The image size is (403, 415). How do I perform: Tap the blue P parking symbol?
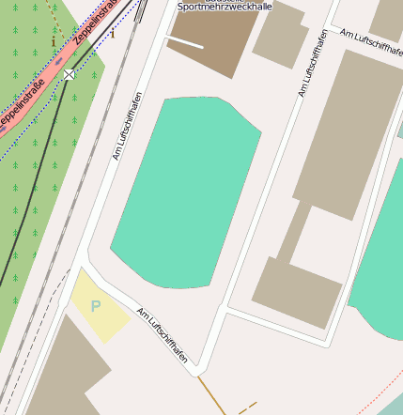pos(96,306)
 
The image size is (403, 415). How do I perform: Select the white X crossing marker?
pos(70,74)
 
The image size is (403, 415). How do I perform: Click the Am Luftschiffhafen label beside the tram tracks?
pos(128,126)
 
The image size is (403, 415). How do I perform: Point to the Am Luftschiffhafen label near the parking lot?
pos(168,336)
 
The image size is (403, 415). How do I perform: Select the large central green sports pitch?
pos(186,192)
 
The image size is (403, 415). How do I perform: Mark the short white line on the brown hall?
pos(184,41)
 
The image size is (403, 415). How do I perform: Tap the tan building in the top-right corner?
pos(387,19)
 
